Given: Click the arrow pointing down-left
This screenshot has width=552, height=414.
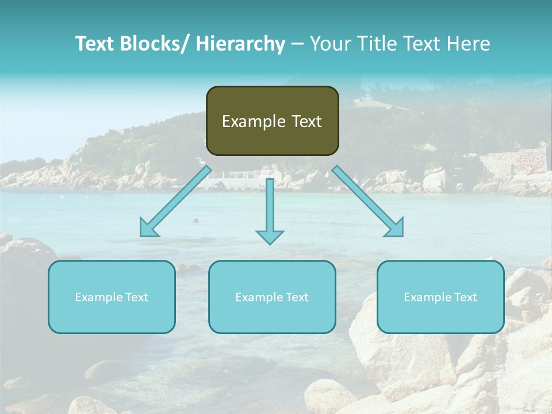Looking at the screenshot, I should click(x=176, y=202).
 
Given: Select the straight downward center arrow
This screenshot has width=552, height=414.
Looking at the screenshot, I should click(x=270, y=207).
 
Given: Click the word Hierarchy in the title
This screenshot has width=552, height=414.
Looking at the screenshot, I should click(x=240, y=44).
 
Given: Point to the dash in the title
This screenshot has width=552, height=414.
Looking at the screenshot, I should click(x=297, y=44).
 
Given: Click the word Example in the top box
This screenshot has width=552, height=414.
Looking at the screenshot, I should click(x=254, y=121).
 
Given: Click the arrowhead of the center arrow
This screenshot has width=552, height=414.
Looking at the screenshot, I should click(x=270, y=236).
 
